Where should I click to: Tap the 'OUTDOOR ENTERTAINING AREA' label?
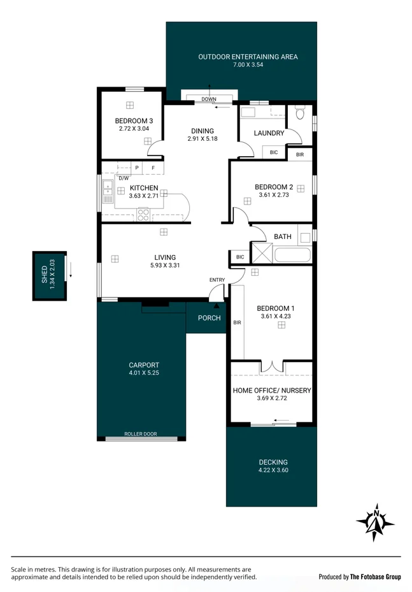(x=248, y=57)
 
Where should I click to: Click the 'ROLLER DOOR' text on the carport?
(x=141, y=434)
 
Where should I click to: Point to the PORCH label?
(x=209, y=318)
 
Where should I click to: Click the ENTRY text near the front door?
(x=217, y=280)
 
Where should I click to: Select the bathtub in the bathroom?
(x=292, y=256)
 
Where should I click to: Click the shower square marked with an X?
(x=262, y=253)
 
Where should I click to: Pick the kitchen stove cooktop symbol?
(x=143, y=215)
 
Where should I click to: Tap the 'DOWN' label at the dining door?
(x=209, y=99)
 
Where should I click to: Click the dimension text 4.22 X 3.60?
(x=273, y=471)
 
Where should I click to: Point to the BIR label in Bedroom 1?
(x=237, y=323)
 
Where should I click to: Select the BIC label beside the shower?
(x=240, y=257)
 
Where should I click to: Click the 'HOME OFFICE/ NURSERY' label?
(x=272, y=390)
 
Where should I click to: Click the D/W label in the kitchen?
(x=124, y=178)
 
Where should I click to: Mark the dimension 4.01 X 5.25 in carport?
(x=144, y=373)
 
